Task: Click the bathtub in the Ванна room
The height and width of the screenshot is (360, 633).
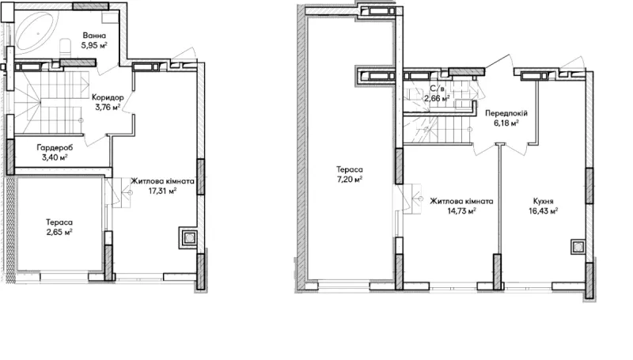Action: tap(36, 31)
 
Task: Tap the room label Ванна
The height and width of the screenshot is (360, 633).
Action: tap(94, 36)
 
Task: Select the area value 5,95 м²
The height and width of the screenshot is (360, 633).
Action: tap(94, 45)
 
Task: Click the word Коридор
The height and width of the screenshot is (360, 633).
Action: tap(108, 97)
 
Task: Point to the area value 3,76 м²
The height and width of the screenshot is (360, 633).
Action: tap(108, 107)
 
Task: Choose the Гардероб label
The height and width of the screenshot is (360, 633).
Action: tap(55, 148)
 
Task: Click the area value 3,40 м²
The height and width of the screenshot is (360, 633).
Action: tap(55, 157)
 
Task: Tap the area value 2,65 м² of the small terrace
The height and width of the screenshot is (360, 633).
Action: tap(59, 232)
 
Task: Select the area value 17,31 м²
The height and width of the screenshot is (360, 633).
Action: tap(162, 191)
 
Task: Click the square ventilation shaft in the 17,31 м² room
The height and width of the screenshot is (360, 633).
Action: tap(188, 237)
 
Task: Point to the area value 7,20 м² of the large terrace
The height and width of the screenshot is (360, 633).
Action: tap(350, 179)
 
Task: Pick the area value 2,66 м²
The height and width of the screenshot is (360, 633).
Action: tap(437, 98)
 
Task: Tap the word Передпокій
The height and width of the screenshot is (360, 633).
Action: tap(506, 113)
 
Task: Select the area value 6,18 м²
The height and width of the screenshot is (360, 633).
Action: tap(506, 123)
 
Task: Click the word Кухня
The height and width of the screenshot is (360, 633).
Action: tap(544, 201)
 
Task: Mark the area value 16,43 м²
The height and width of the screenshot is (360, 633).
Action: tap(544, 210)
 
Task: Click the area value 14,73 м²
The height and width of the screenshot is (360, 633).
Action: tap(461, 210)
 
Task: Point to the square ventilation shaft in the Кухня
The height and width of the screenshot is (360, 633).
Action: tap(578, 247)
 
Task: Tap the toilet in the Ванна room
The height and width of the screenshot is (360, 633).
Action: tap(65, 47)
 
